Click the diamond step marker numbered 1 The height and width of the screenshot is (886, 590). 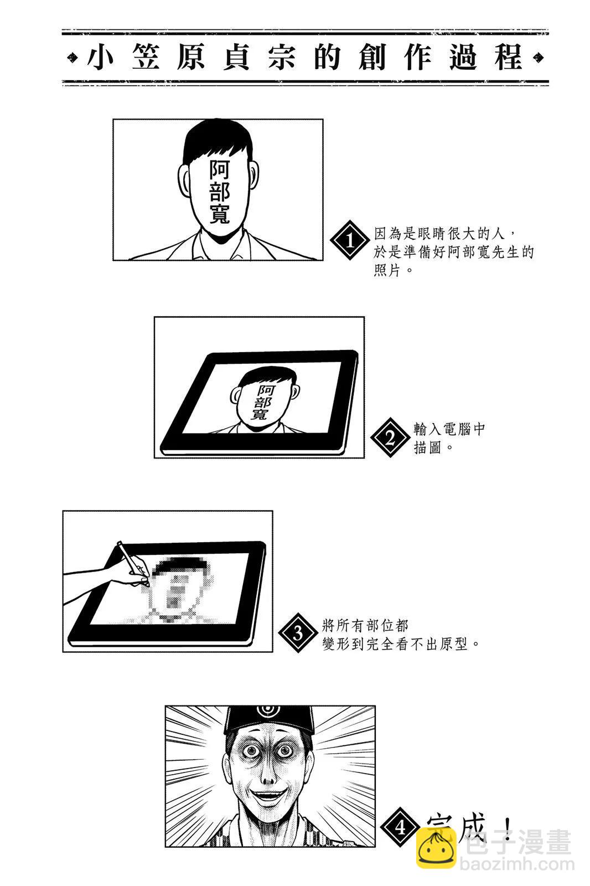point(350,240)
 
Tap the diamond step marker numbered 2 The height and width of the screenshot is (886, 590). point(390,437)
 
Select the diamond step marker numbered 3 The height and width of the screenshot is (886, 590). point(298,633)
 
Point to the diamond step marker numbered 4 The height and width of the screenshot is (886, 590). point(400,827)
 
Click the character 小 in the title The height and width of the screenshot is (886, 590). point(100,58)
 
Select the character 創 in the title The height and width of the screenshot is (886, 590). point(372,58)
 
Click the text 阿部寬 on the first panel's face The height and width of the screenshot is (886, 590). point(220,192)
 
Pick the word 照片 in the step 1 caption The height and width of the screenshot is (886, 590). point(387,271)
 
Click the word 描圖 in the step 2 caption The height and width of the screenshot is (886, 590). point(427,448)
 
